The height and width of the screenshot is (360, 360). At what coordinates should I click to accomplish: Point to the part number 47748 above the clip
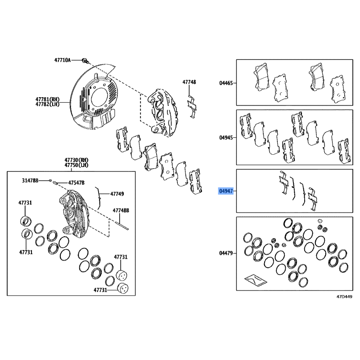(x=189, y=82)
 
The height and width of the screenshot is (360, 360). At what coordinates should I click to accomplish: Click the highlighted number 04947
(x=225, y=191)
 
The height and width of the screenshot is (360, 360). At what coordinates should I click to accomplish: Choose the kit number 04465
(x=226, y=83)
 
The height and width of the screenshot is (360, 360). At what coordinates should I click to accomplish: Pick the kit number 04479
(x=226, y=253)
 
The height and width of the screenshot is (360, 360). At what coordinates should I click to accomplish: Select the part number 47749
(x=117, y=194)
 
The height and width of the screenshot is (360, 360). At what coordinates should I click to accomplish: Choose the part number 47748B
(x=121, y=210)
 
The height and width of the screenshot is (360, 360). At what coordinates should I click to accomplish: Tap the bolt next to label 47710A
(x=85, y=60)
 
